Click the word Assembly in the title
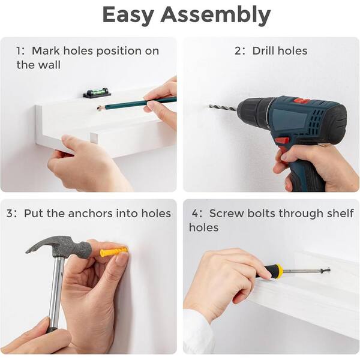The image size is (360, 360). click(215, 15)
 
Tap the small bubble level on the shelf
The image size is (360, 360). click(97, 93)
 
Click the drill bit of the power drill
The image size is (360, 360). click(223, 107)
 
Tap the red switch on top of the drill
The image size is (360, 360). click(301, 101)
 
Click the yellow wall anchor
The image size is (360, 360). click(113, 252)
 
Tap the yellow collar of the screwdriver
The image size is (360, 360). click(279, 271)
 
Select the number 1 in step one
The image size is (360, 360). click(19, 51)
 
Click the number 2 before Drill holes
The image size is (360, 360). click(238, 51)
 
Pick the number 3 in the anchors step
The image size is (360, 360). click(10, 213)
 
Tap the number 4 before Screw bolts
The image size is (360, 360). click(196, 213)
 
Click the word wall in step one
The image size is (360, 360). click(49, 65)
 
